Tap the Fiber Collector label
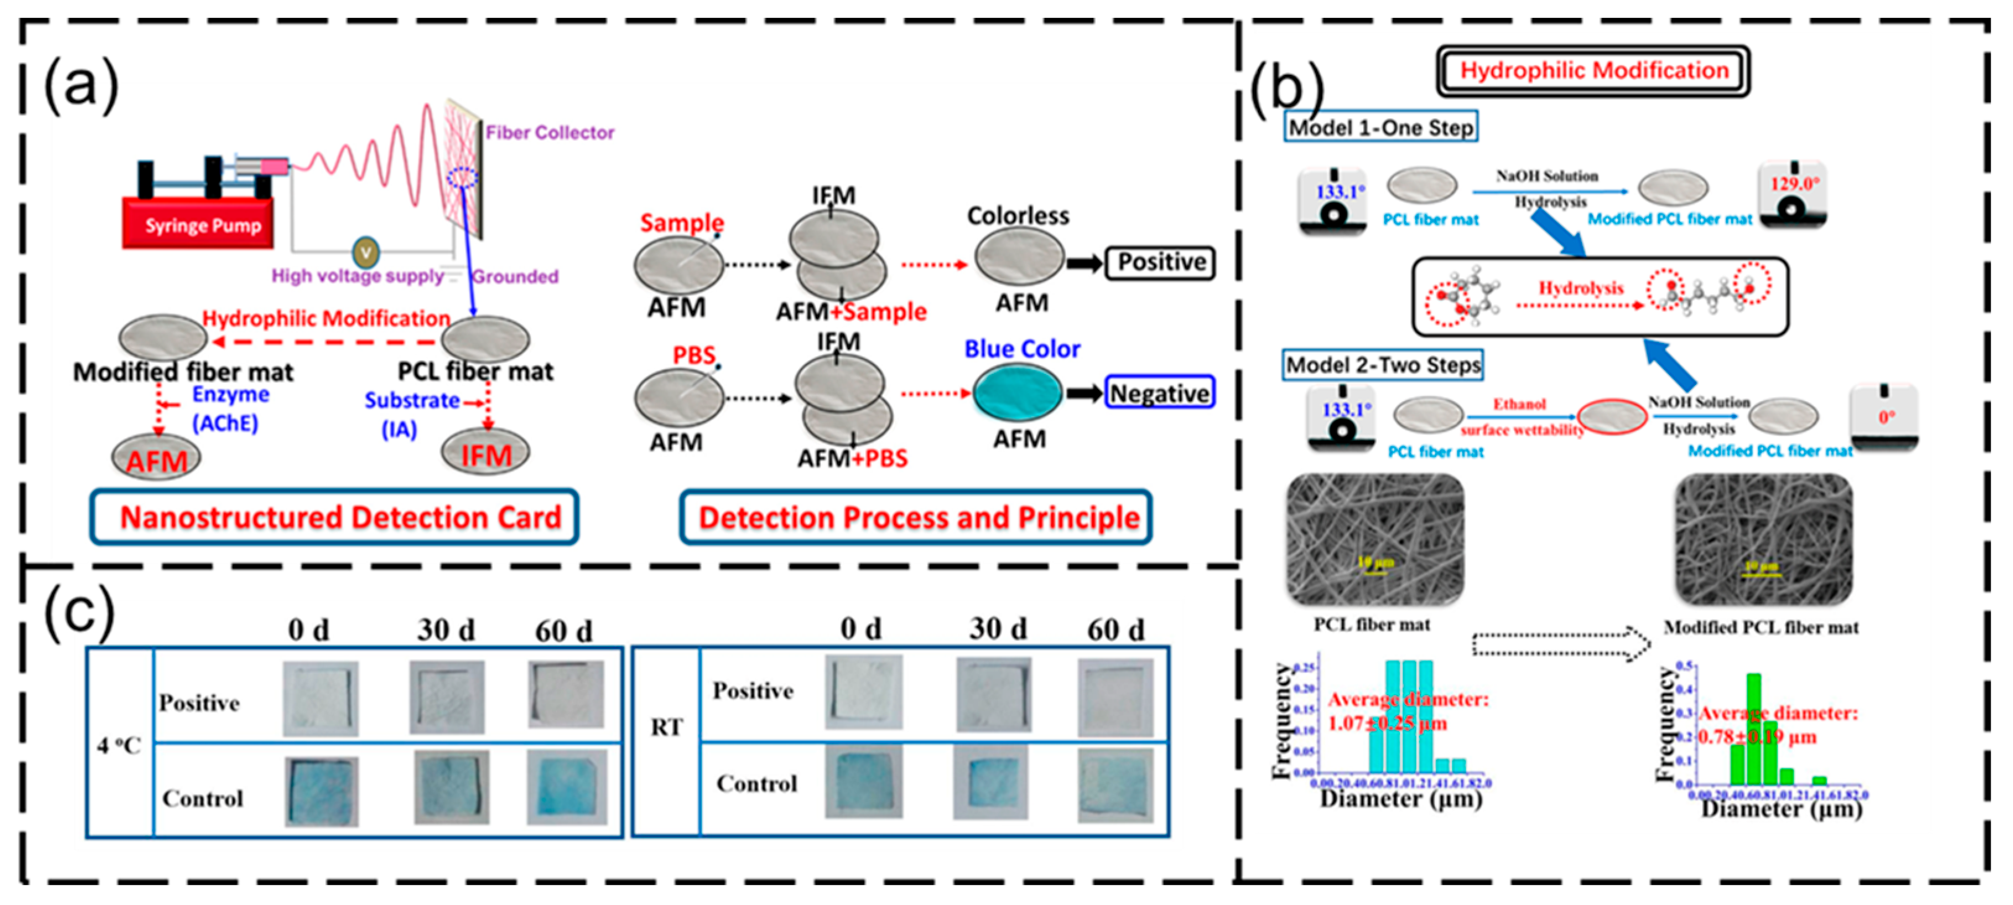549,133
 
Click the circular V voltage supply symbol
365,253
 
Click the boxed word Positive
1161,262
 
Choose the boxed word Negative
1159,393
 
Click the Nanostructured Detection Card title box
334,517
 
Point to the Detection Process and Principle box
916,517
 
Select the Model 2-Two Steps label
1382,365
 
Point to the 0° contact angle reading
1885,417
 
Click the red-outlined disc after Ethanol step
1611,417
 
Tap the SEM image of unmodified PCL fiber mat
1375,539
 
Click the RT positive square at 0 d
864,693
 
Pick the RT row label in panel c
666,727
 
